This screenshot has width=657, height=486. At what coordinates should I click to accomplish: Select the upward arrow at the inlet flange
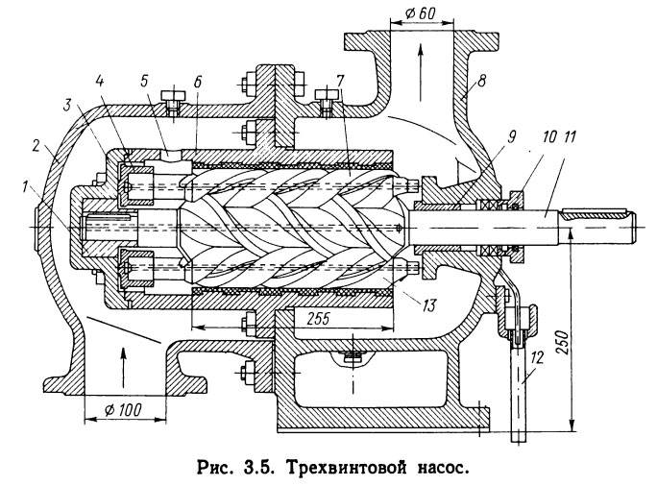(124, 364)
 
